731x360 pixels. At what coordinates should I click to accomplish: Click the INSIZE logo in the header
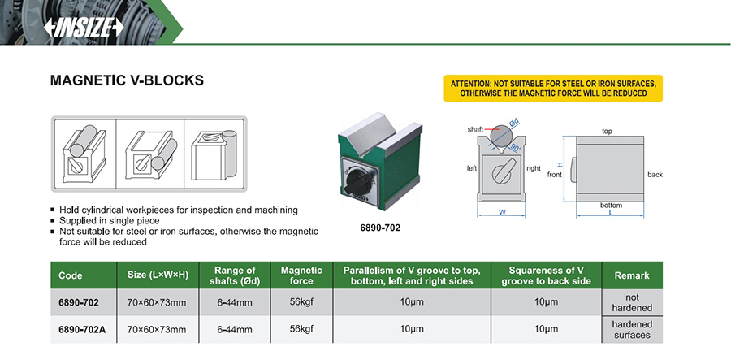click(x=84, y=27)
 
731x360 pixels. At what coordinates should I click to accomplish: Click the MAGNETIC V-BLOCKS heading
click(x=127, y=81)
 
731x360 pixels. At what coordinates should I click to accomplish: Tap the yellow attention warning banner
click(x=553, y=88)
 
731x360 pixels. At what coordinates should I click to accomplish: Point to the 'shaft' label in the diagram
click(x=475, y=130)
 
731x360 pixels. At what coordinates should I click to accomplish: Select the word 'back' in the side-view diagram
click(x=655, y=174)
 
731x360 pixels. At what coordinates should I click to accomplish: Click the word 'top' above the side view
click(x=606, y=130)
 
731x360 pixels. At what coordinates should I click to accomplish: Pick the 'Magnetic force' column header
click(x=301, y=275)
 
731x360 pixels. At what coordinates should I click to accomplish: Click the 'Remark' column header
click(x=632, y=275)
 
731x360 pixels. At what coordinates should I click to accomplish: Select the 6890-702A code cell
click(x=83, y=329)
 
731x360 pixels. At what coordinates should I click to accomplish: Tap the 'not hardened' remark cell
click(x=632, y=302)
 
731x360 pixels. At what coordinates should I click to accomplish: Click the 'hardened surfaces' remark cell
click(x=632, y=329)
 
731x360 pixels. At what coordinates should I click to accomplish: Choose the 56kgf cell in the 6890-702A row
click(x=301, y=329)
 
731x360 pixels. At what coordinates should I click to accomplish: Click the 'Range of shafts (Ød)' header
click(x=235, y=275)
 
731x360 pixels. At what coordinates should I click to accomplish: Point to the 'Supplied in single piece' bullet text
click(x=109, y=220)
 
